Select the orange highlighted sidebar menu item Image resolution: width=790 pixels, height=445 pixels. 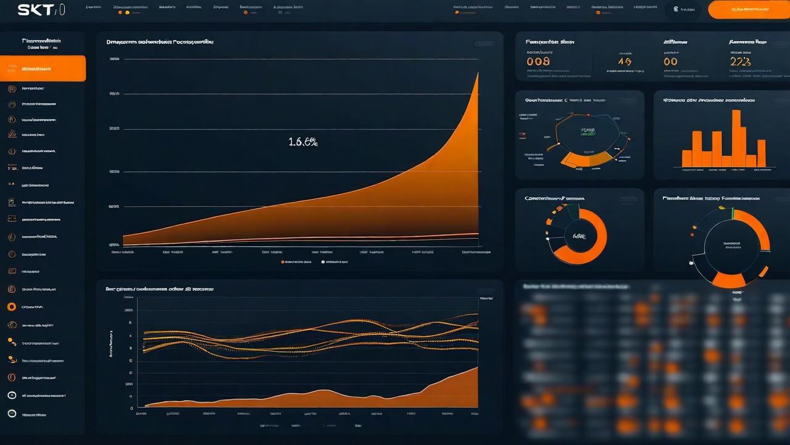coord(43,69)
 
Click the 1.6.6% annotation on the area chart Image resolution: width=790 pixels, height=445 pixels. coord(303,142)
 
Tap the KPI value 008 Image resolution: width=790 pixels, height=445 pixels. coord(538,61)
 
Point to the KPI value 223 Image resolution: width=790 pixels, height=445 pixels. coord(740,61)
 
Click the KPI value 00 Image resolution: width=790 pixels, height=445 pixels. coord(670,61)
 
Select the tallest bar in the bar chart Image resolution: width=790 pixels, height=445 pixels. coord(736,138)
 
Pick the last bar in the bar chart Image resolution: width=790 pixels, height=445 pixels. coord(761,153)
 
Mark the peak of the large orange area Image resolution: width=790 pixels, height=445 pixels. coord(477,74)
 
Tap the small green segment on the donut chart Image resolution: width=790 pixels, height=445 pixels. coord(732,213)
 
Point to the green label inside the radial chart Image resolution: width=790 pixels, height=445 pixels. coord(588,130)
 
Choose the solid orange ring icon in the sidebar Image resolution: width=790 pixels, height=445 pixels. coord(11,307)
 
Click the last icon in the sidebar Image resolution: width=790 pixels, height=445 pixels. coord(11,413)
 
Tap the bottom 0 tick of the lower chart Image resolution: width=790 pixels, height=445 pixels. coord(131,409)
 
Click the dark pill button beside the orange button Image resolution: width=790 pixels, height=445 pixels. coord(684,10)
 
